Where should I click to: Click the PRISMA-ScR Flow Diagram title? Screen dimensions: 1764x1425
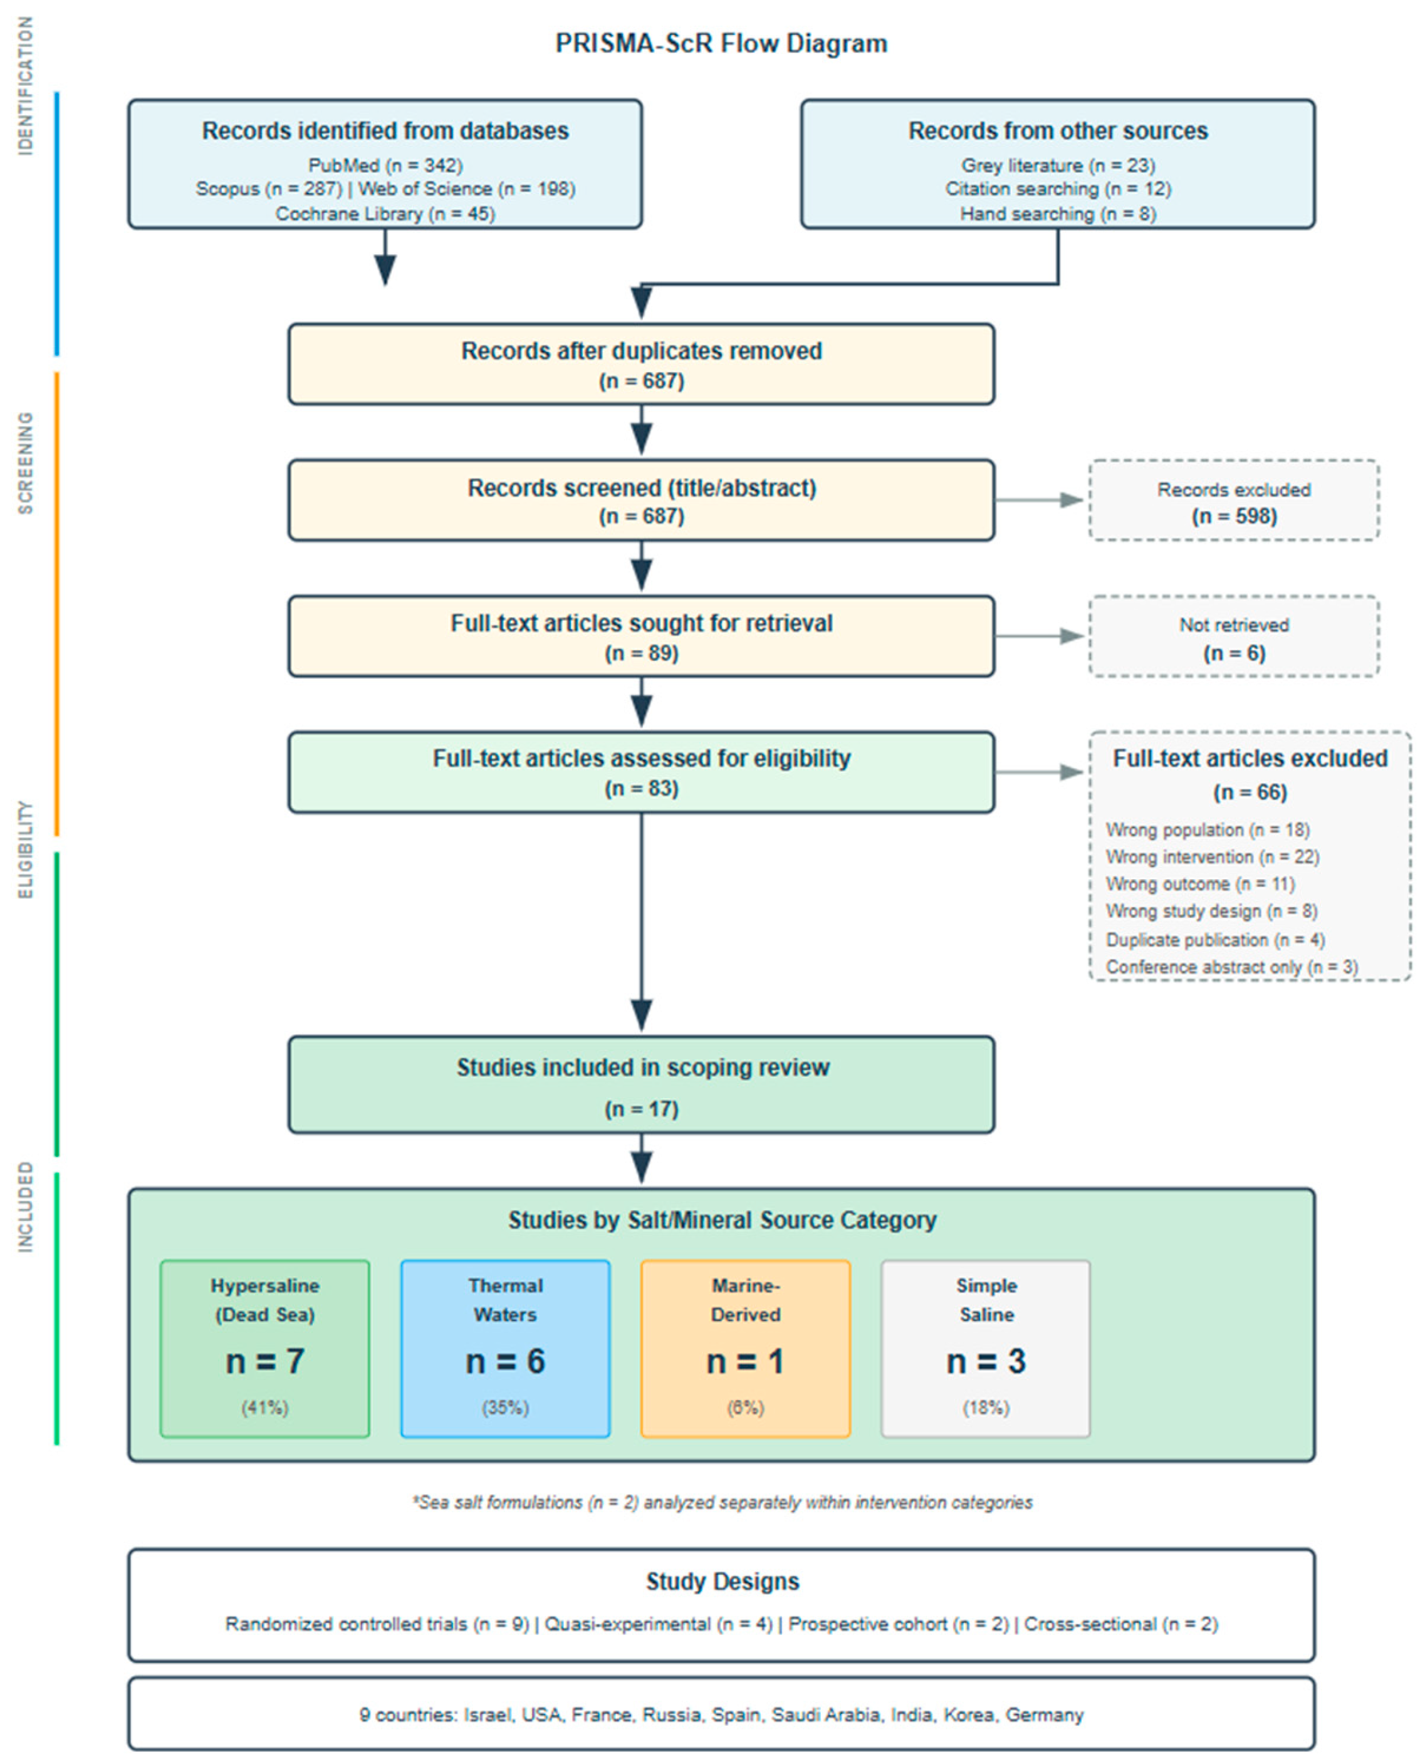pyautogui.click(x=721, y=43)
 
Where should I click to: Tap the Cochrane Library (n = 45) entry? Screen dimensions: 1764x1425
pyautogui.click(x=385, y=214)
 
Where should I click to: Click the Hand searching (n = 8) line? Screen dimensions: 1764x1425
pyautogui.click(x=1057, y=214)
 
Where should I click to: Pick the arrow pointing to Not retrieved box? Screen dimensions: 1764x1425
pyautogui.click(x=1040, y=636)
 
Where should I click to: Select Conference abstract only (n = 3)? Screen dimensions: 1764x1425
pyautogui.click(x=1231, y=967)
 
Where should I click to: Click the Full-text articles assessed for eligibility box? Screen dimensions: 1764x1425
pyautogui.click(x=641, y=771)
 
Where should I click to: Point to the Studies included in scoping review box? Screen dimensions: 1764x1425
pyautogui.click(x=641, y=1085)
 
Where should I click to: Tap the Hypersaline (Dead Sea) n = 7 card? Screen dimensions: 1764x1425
pyautogui.click(x=264, y=1349)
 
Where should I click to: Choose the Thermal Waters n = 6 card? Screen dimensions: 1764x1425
pyautogui.click(x=505, y=1349)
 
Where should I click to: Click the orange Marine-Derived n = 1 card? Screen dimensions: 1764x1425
pyautogui.click(x=744, y=1349)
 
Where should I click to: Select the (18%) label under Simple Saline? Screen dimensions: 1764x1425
pyautogui.click(x=985, y=1408)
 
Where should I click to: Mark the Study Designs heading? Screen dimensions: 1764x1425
pyautogui.click(x=721, y=1581)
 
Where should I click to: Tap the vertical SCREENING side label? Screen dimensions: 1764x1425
pyautogui.click(x=26, y=463)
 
